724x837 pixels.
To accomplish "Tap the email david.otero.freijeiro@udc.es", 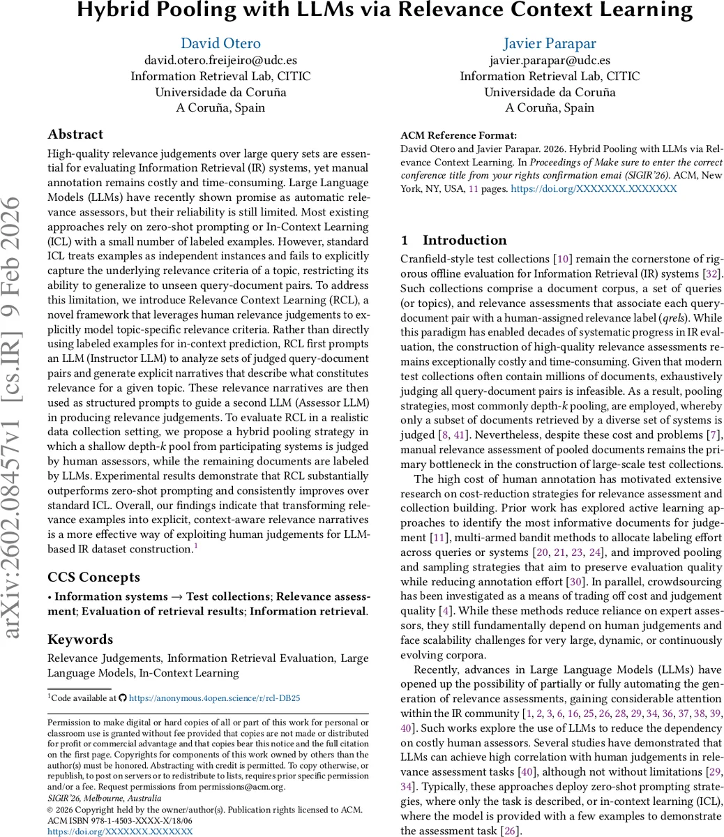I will pyautogui.click(x=220, y=61).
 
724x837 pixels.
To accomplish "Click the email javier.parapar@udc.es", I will pyautogui.click(x=550, y=61).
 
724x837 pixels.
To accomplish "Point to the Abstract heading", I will pyautogui.click(x=75, y=135).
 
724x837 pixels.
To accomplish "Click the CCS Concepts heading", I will pyautogui.click(x=93, y=577).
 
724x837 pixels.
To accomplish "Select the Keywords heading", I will pyautogui.click(x=80, y=639).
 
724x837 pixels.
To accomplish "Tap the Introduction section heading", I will pyautogui.click(x=465, y=240).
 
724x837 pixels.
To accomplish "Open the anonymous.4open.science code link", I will pyautogui.click(x=215, y=697).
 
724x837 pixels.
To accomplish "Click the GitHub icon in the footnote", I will pyautogui.click(x=123, y=697).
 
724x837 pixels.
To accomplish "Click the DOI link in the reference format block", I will pyautogui.click(x=594, y=189).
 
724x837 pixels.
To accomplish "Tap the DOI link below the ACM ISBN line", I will pyautogui.click(x=120, y=831).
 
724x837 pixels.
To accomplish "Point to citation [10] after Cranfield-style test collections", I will pyautogui.click(x=561, y=259).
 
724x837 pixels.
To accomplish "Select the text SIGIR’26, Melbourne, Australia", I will pyautogui.click(x=104, y=798).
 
